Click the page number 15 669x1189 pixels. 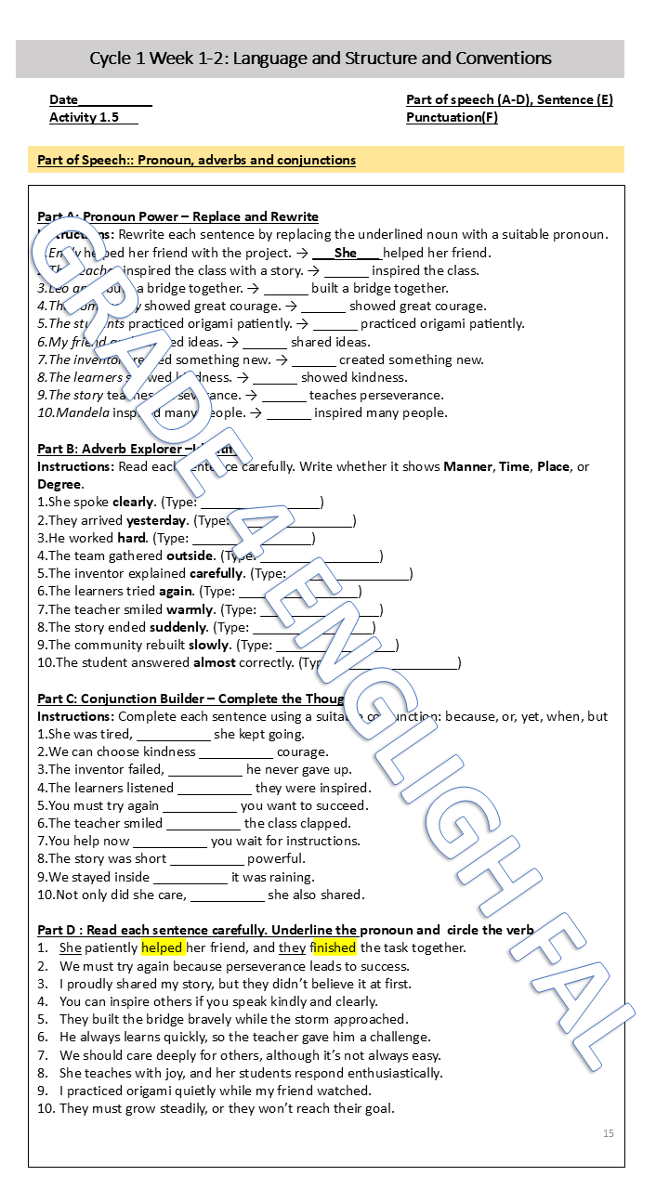609,1132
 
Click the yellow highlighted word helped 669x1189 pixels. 162,947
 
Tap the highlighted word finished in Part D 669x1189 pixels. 334,947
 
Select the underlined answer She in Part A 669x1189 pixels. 346,253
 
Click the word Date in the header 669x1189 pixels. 64,99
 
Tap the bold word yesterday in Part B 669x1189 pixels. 158,520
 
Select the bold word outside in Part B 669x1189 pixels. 190,555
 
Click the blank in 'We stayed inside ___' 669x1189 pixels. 190,877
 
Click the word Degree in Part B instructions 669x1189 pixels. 59,484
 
